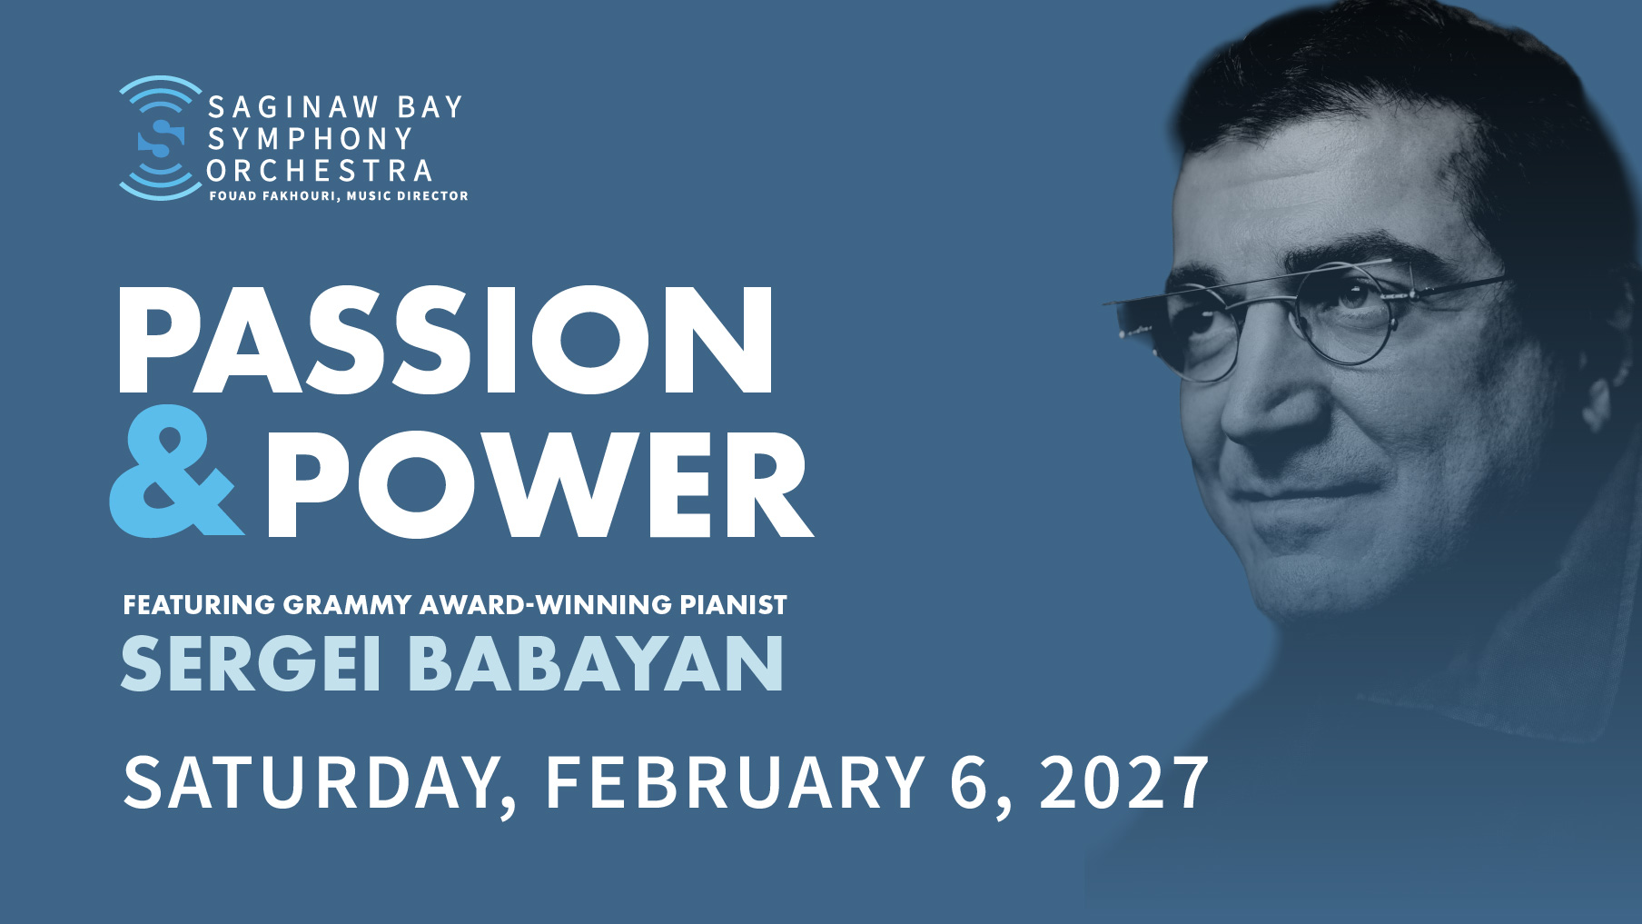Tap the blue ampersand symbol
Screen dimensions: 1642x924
[x=175, y=471]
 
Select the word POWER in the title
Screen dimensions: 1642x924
[x=538, y=484]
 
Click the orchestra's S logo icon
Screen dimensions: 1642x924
[x=161, y=138]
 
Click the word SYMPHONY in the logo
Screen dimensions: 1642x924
[x=311, y=139]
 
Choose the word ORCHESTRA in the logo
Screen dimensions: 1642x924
[x=320, y=171]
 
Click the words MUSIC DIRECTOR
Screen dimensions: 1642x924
[x=408, y=196]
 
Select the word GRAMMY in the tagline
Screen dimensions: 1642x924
[x=348, y=605]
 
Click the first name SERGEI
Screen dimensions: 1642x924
[x=251, y=663]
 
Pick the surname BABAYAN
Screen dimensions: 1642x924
[x=596, y=663]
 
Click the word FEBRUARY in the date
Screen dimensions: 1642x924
[x=735, y=782]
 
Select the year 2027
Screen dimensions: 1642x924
[x=1124, y=782]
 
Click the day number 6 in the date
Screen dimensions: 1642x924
[x=970, y=782]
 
